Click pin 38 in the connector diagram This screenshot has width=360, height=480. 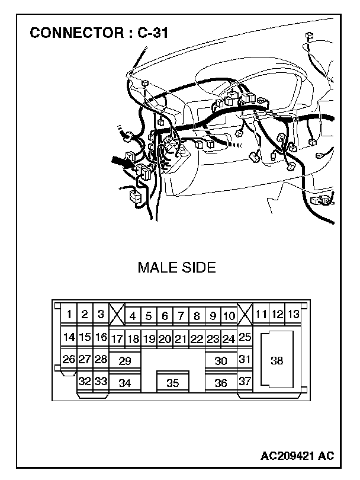coord(277,360)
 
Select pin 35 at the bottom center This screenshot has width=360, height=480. coord(172,383)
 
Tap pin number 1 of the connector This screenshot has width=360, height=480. coord(69,315)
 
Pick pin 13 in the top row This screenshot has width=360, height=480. coord(292,314)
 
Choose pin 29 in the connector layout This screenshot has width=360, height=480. coord(125,360)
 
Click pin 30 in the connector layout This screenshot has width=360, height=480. coord(221,360)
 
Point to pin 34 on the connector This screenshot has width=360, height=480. coord(125,383)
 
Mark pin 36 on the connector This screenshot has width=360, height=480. coord(221,383)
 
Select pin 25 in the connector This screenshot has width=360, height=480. coord(245,337)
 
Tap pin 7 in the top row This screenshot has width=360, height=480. coord(181,316)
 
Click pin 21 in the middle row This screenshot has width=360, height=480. coord(181,339)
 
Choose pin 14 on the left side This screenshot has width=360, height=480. coord(69,337)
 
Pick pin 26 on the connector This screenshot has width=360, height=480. coord(69,359)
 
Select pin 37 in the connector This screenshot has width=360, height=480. coord(245,381)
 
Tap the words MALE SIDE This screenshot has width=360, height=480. coord(176,267)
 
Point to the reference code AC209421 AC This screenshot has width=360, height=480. coord(297,456)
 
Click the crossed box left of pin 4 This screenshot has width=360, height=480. coord(117,314)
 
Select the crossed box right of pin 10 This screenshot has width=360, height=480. coord(245,314)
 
